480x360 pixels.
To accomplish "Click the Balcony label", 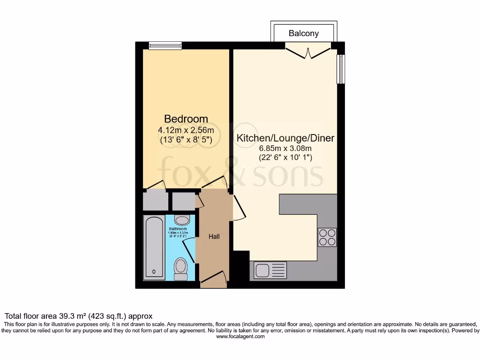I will click(x=304, y=33).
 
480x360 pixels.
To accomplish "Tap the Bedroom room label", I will click(x=186, y=119).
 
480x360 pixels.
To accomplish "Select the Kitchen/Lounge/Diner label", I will click(x=285, y=138).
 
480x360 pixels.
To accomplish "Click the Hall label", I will click(x=214, y=236).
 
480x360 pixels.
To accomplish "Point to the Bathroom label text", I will click(x=178, y=229).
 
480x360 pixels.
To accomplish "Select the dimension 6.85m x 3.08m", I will click(x=285, y=149).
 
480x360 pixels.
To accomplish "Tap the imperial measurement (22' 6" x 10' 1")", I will click(x=285, y=158).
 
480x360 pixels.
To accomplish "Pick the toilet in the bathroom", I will click(x=180, y=269).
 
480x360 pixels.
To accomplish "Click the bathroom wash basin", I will click(x=182, y=220).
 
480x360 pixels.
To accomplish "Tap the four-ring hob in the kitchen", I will click(x=327, y=237).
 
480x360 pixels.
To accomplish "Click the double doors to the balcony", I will click(x=308, y=50).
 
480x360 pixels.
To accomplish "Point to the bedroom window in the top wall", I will click(x=165, y=45).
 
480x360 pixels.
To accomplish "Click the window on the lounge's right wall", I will click(x=341, y=69).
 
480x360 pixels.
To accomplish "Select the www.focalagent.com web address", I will click(x=240, y=337).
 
